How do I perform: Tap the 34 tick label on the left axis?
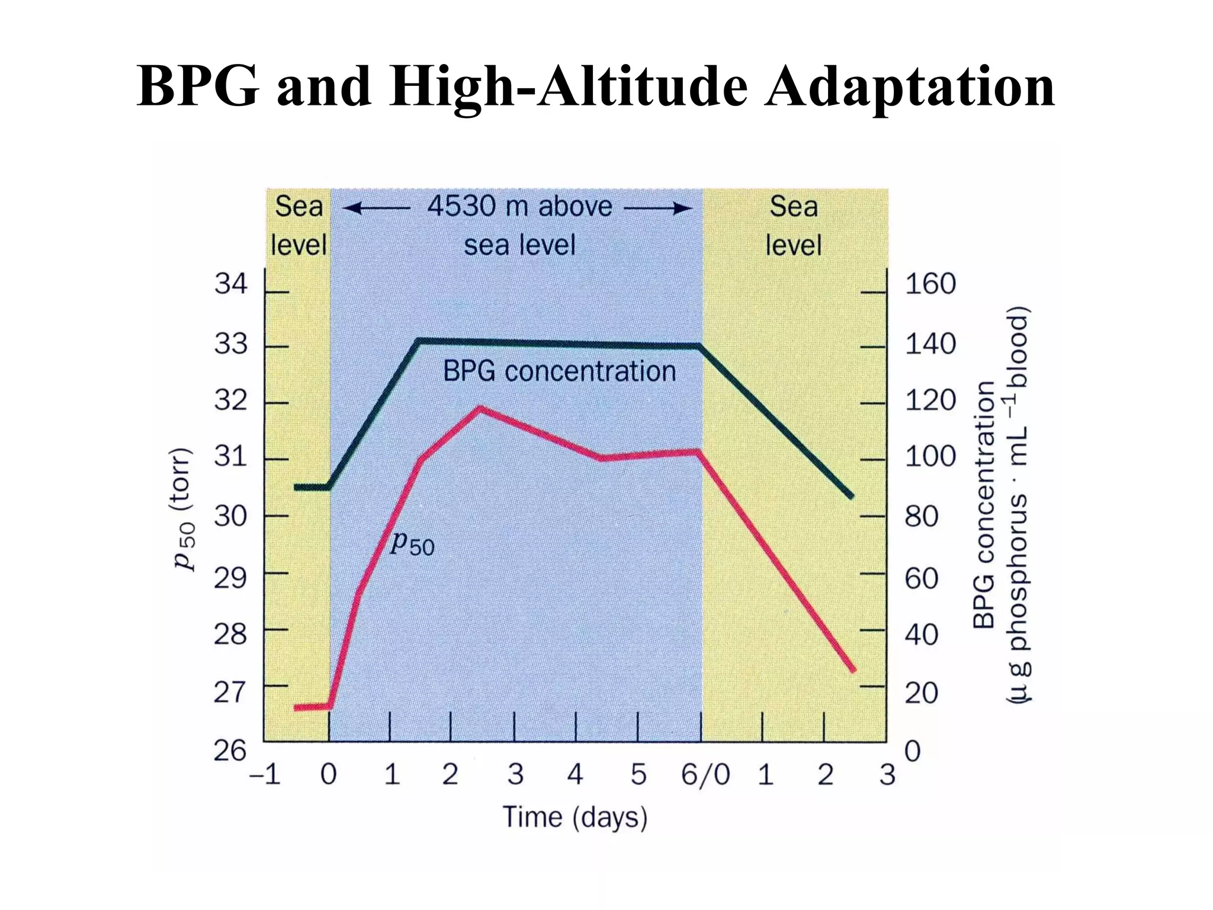230,284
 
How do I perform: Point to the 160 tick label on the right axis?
930,284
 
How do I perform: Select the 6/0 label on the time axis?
705,775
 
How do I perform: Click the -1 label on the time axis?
265,775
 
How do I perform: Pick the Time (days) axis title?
575,818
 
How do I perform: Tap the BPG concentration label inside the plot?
559,372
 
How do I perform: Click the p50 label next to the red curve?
412,543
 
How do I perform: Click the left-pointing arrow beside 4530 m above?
377,209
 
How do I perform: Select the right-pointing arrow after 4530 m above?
657,209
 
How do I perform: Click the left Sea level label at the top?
299,226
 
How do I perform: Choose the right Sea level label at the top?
793,226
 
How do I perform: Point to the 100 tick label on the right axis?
930,457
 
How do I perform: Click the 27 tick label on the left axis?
230,692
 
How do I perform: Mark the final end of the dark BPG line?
852,496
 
